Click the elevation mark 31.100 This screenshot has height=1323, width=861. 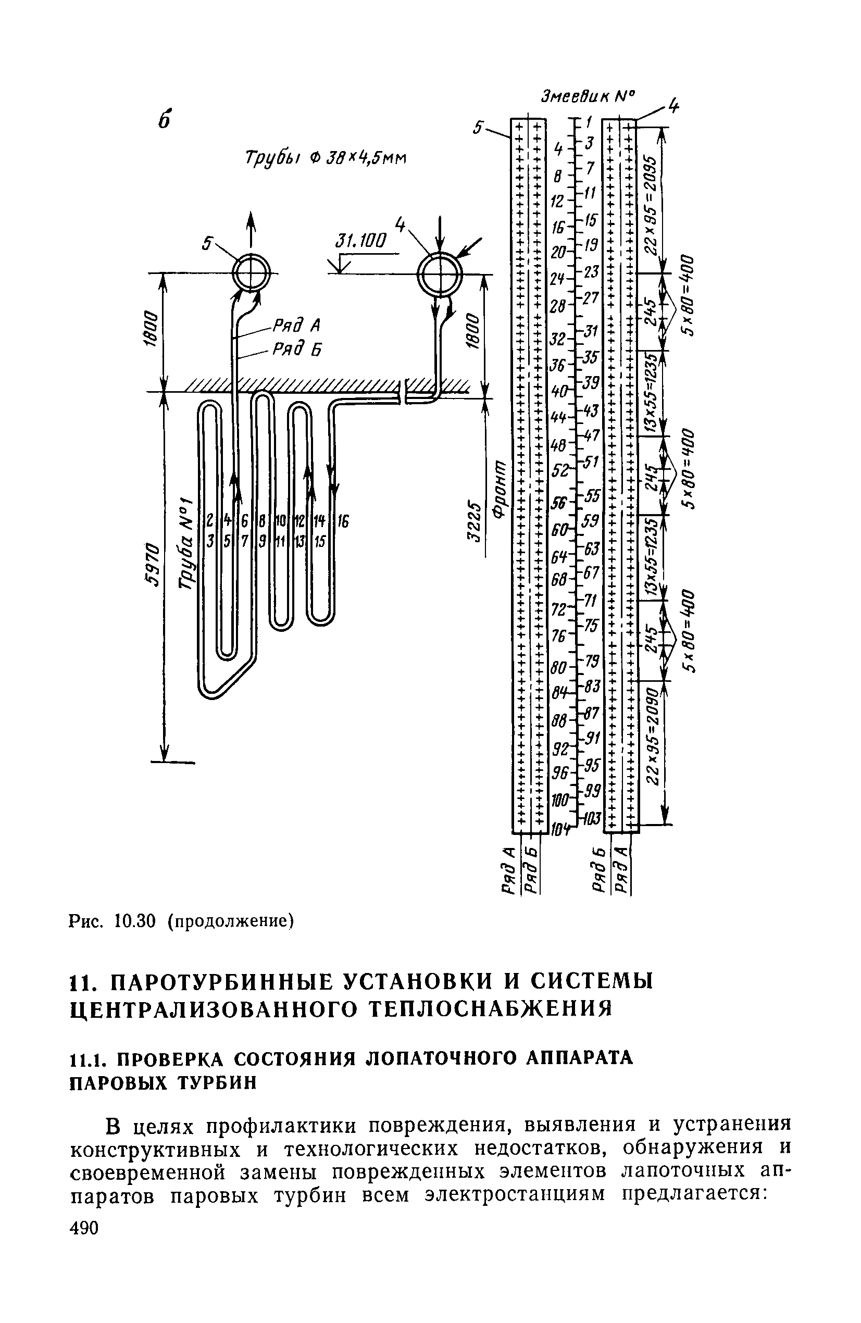click(x=360, y=241)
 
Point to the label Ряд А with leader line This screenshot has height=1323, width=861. click(x=297, y=324)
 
